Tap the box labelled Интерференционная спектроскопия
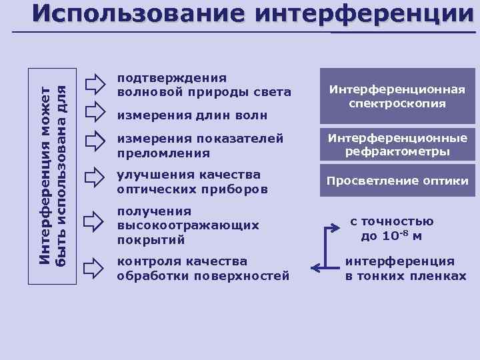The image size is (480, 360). coord(397,97)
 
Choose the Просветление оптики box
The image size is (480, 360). coord(397,181)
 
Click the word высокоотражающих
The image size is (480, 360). coord(188,225)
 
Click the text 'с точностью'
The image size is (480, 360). coord(392,222)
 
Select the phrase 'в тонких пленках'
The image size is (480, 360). coord(405,275)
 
